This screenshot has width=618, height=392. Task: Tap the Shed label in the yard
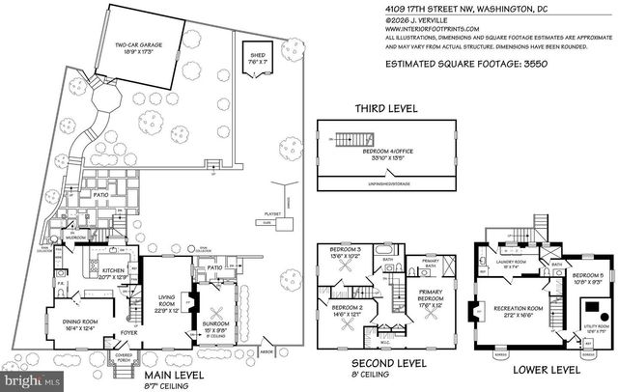[x=256, y=59]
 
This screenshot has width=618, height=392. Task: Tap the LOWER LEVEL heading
[x=548, y=369]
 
